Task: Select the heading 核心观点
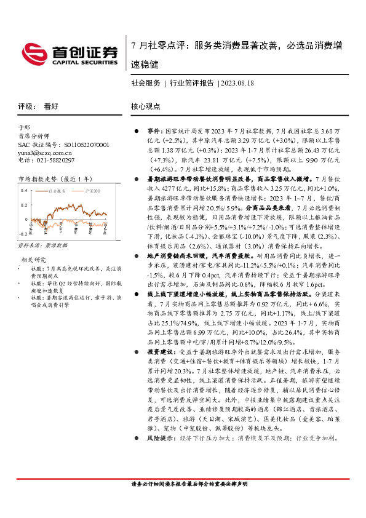tap(146, 106)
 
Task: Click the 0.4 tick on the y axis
tap(24, 190)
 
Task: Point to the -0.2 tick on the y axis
tap(23, 234)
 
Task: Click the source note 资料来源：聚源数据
tap(41, 245)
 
